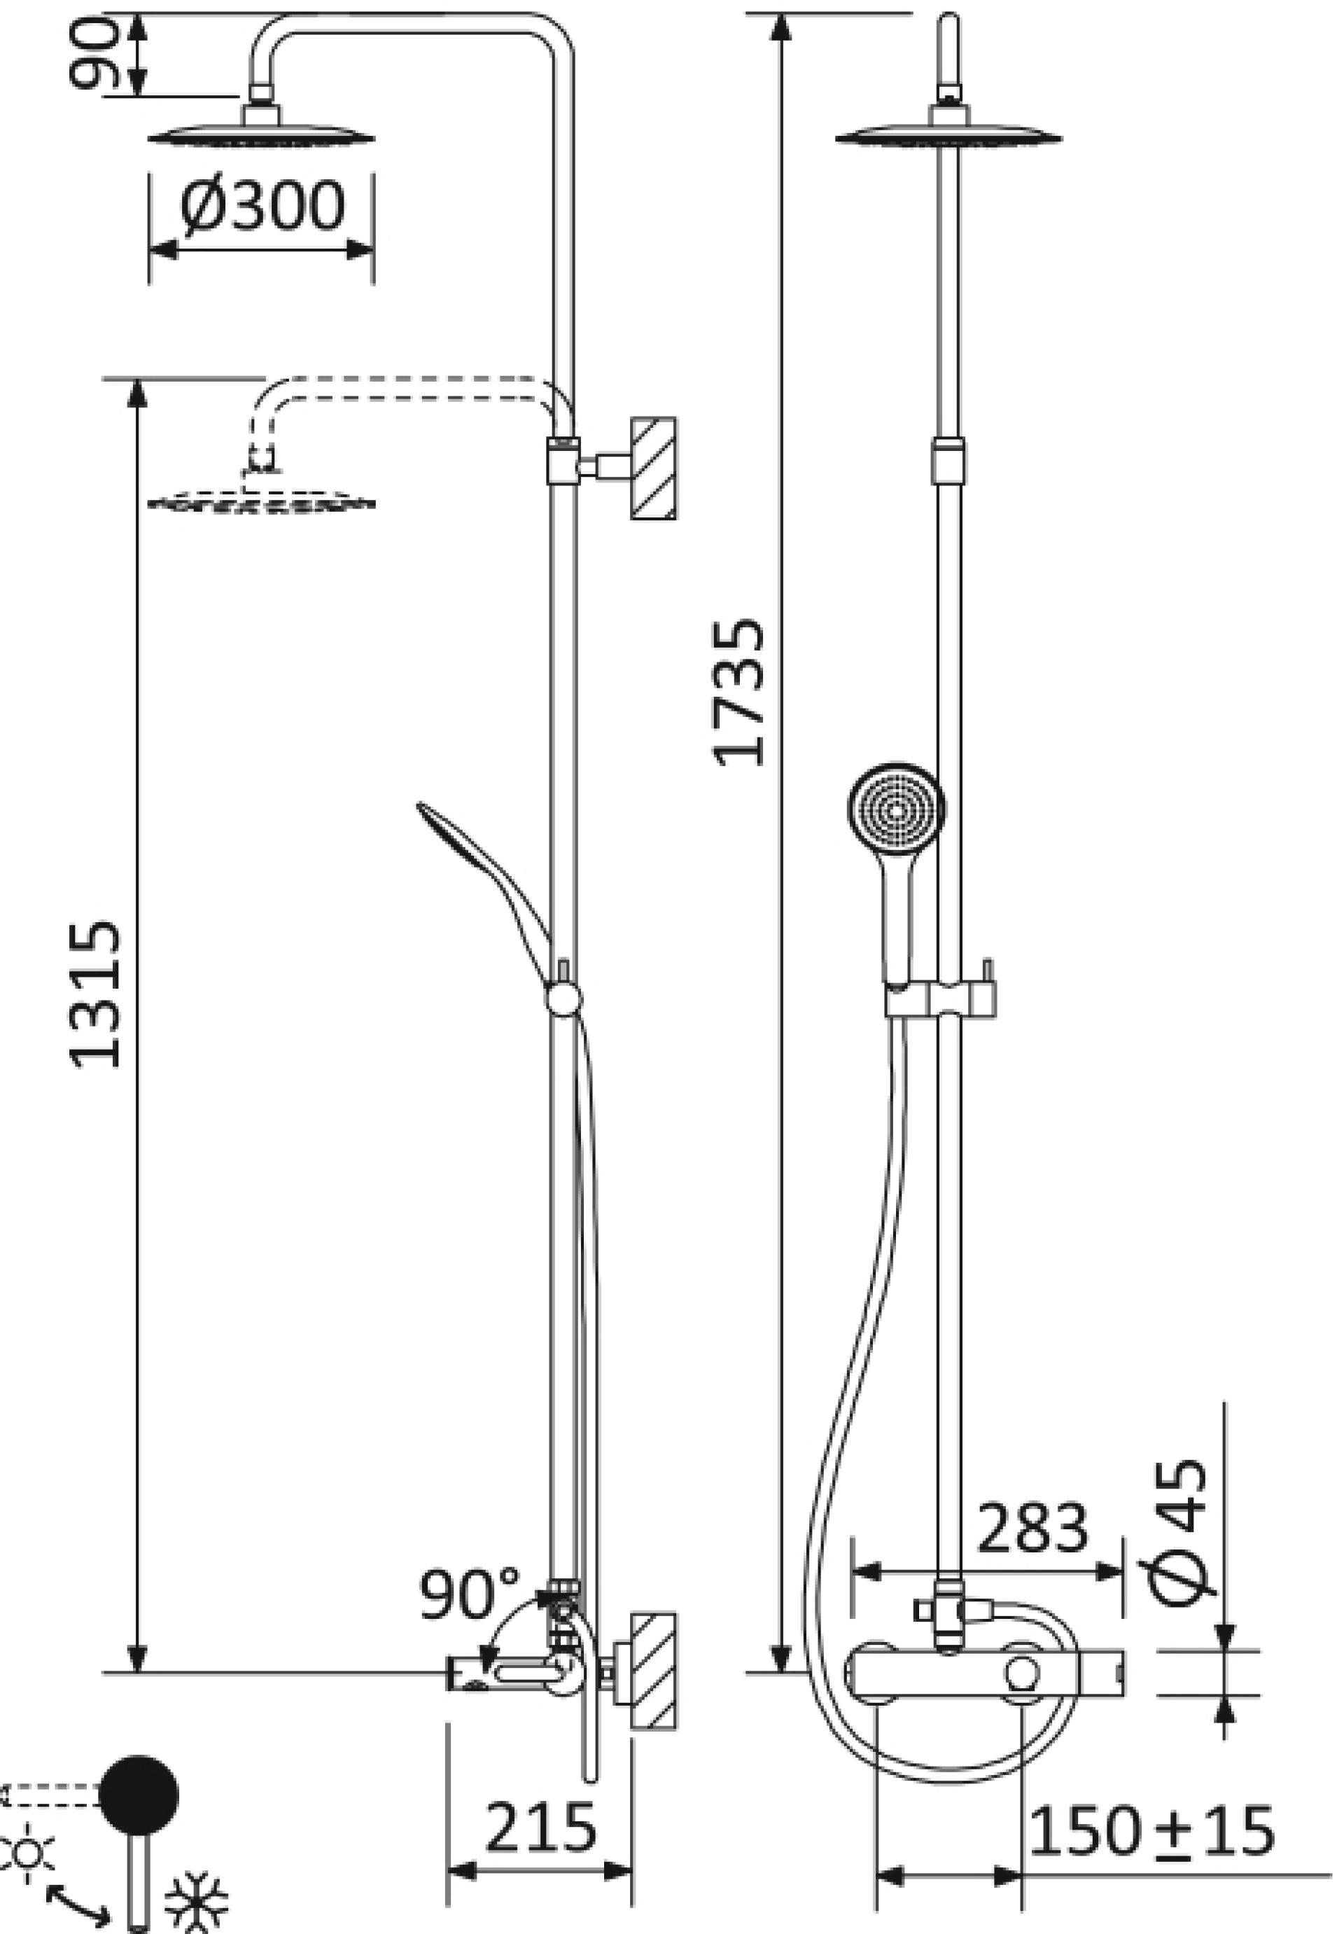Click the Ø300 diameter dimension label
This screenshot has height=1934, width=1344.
pos(262,206)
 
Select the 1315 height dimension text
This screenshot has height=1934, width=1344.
pos(95,995)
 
